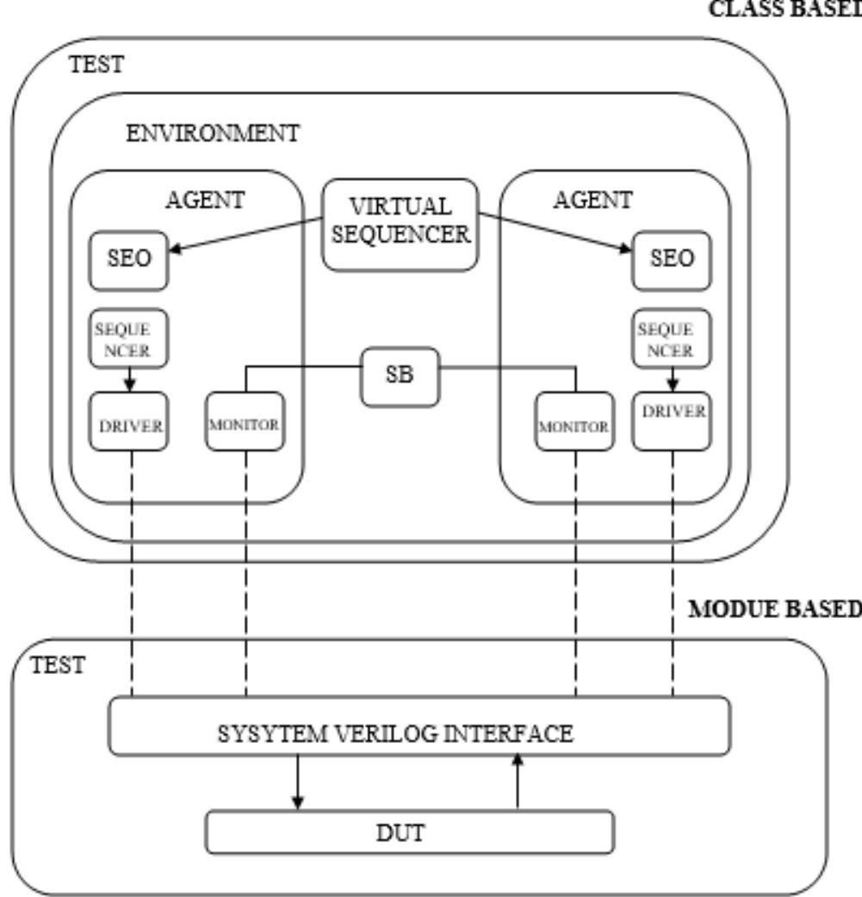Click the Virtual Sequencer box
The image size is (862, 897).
(x=400, y=225)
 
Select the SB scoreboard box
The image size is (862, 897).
(x=400, y=376)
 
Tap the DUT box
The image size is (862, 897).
(x=410, y=832)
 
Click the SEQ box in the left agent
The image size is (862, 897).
(x=129, y=260)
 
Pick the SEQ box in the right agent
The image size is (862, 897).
(x=672, y=260)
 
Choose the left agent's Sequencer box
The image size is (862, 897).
(x=129, y=338)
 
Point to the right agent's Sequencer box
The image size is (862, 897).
(x=672, y=338)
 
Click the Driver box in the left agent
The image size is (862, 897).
(x=129, y=422)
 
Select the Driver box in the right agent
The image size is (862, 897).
(x=672, y=422)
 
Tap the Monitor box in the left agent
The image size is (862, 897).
(x=245, y=422)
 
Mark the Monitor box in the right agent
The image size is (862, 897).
(x=574, y=422)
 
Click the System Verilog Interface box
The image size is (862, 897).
(x=419, y=726)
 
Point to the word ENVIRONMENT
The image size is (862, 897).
(x=213, y=133)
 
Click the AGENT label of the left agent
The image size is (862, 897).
(x=205, y=201)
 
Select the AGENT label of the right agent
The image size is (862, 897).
(x=593, y=201)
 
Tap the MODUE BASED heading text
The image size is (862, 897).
(x=775, y=609)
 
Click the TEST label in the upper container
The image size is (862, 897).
(x=96, y=64)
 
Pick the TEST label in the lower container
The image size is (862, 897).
(x=58, y=665)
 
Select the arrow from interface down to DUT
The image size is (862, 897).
(x=298, y=783)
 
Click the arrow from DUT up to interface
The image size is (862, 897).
(x=518, y=782)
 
